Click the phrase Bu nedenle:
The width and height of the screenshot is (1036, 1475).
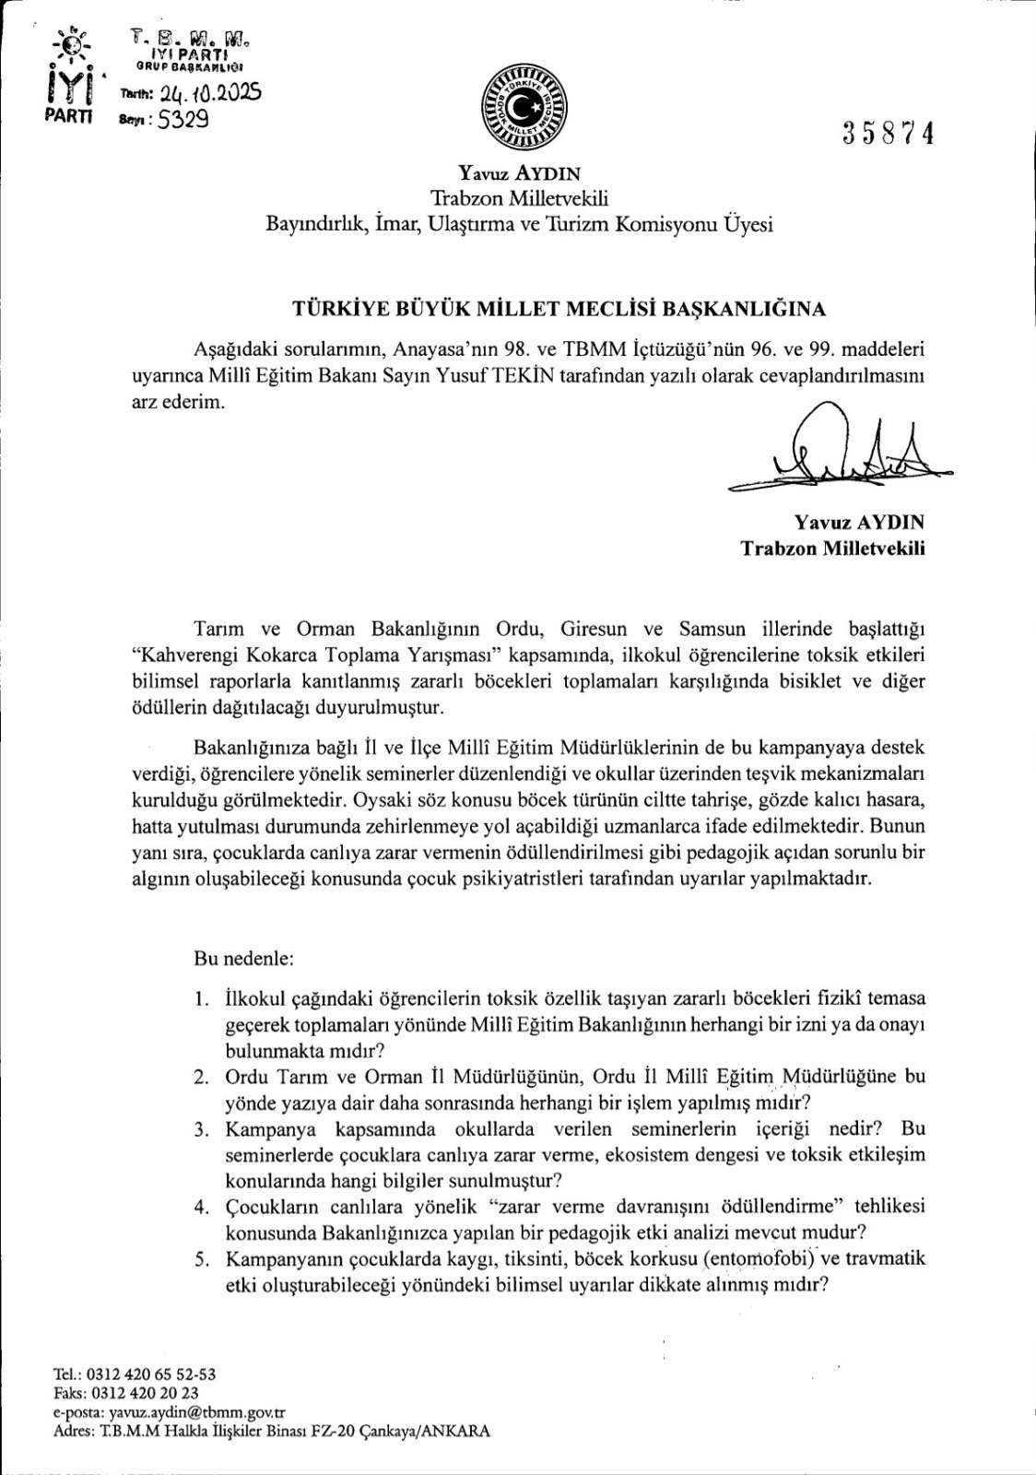tap(243, 959)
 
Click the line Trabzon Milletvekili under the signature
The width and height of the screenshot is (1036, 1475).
tap(832, 549)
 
